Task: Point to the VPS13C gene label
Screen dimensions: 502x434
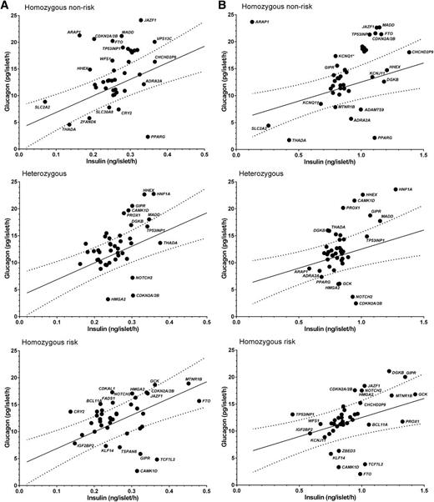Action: tap(164, 39)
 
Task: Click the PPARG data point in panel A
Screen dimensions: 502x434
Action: tap(148, 137)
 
